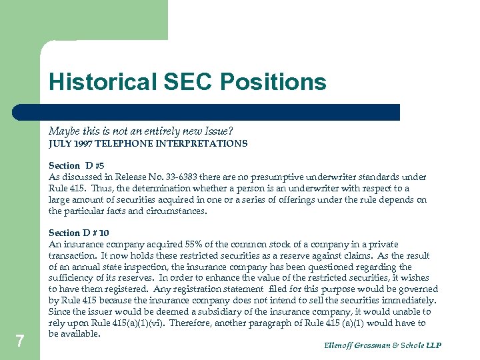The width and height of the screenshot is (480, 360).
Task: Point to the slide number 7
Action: pyautogui.click(x=20, y=341)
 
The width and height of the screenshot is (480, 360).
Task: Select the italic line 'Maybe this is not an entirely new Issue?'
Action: pyautogui.click(x=141, y=132)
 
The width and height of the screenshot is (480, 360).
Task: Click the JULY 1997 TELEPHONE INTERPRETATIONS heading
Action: pyautogui.click(x=148, y=143)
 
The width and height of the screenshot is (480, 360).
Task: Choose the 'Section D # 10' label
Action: pyautogui.click(x=79, y=233)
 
